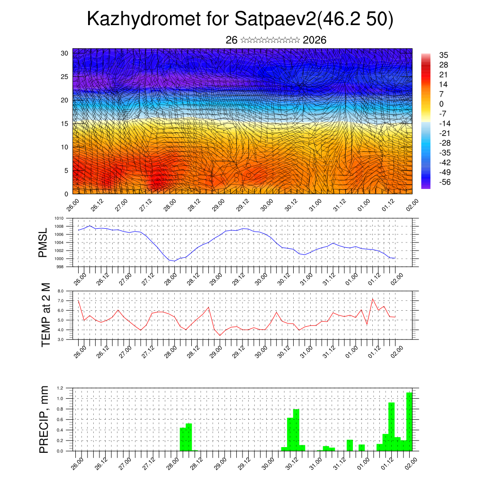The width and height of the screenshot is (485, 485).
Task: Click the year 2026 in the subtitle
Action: (314, 40)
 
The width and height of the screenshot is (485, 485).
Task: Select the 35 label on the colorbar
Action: (444, 55)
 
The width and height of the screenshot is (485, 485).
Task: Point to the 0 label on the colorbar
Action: (441, 104)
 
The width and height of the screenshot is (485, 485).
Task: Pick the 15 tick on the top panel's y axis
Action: (65, 124)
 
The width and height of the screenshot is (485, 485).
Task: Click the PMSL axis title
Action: (44, 242)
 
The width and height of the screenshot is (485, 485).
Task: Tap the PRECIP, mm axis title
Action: (44, 419)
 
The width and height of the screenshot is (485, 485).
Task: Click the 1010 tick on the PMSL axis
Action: (59, 218)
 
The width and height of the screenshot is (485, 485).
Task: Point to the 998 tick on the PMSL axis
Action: (60, 267)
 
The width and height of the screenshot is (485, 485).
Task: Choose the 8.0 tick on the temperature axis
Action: (60, 291)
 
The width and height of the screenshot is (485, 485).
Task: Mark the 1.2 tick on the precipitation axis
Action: (60, 388)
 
